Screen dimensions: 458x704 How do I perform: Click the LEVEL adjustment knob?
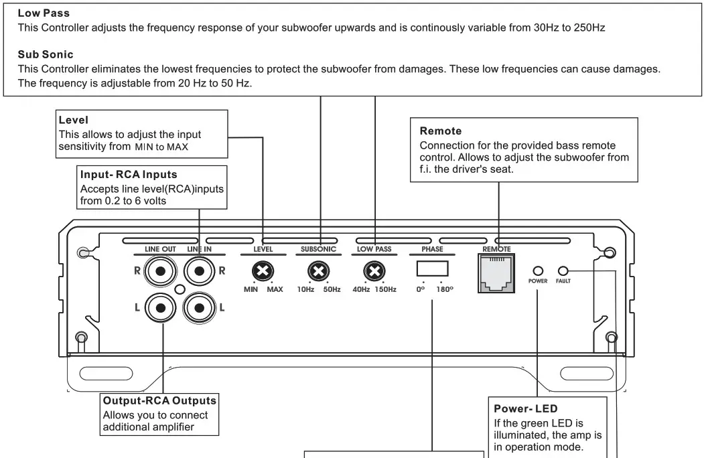click(x=263, y=271)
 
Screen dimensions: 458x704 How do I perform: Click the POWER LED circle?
click(x=537, y=271)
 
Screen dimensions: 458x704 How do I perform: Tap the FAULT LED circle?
click(x=563, y=271)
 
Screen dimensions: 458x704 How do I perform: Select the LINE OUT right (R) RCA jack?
click(x=162, y=271)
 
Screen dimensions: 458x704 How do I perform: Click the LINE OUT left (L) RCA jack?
click(x=162, y=307)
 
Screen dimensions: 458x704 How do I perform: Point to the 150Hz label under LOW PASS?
click(x=385, y=289)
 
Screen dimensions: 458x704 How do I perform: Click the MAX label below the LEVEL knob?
click(x=275, y=289)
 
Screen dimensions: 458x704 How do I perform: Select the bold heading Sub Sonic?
click(x=46, y=54)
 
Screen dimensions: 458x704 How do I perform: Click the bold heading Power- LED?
click(x=526, y=408)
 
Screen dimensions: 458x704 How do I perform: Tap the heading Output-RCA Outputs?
click(x=159, y=400)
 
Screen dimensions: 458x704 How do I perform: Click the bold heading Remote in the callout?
click(x=440, y=131)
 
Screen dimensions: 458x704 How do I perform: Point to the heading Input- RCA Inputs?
click(x=129, y=175)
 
